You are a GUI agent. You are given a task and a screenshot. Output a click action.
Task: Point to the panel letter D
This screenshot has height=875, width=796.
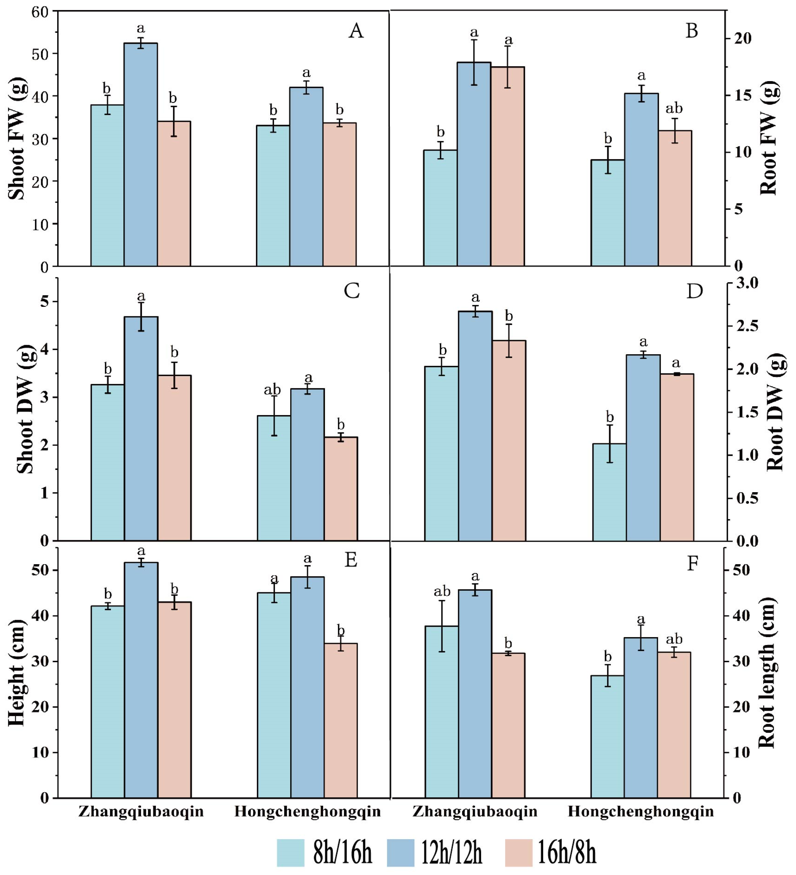click(694, 291)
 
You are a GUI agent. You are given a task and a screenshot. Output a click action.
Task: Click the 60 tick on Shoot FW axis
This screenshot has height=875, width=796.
click(40, 12)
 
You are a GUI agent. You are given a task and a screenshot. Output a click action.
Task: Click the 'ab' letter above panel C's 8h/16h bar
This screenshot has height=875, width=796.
click(272, 390)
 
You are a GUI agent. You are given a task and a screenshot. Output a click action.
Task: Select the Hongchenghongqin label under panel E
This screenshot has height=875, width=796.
click(308, 812)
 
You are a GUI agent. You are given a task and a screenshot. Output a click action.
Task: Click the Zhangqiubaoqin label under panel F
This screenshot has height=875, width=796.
click(475, 812)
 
